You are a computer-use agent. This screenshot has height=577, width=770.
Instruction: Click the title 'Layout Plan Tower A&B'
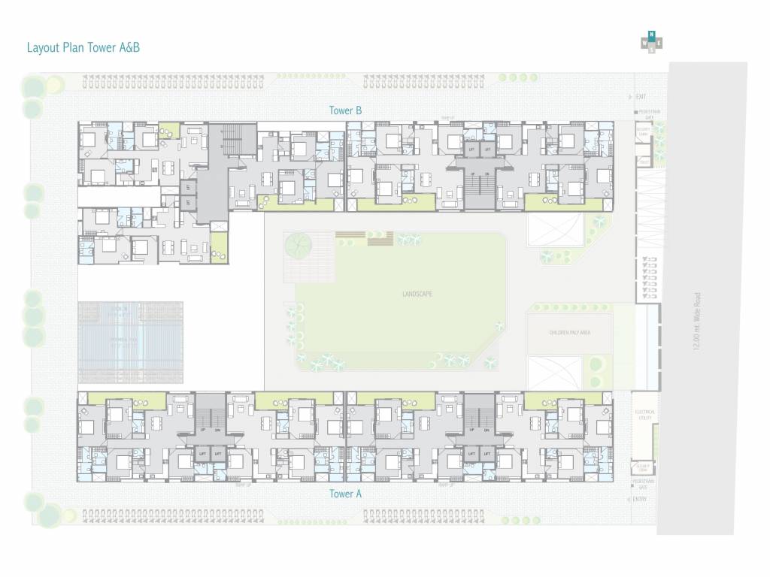[x=83, y=47]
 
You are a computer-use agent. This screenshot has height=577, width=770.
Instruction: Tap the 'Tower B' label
[x=346, y=110]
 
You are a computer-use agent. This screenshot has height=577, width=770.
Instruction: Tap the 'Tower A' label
[x=346, y=494]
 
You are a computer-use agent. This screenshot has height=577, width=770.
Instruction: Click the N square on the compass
[x=652, y=35]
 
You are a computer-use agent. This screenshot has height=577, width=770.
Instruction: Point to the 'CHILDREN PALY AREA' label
[x=569, y=331]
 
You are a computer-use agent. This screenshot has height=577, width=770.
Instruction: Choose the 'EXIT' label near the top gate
[x=641, y=97]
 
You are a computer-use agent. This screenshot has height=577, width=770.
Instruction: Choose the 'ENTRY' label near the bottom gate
[x=640, y=499]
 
